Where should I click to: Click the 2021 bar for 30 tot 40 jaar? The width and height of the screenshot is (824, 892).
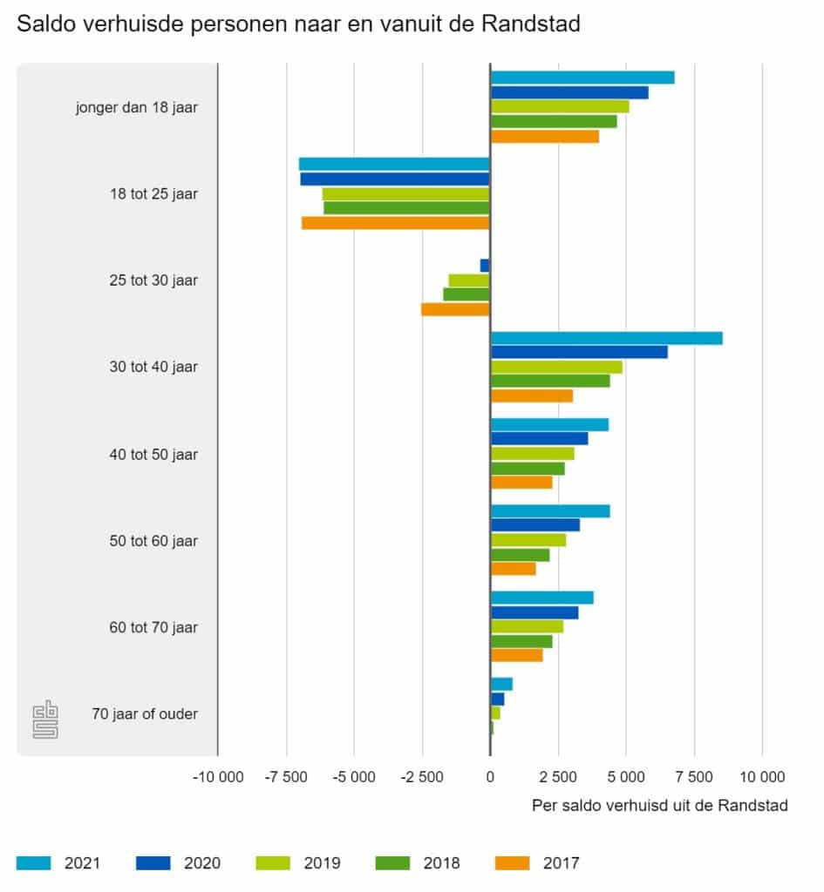coord(606,338)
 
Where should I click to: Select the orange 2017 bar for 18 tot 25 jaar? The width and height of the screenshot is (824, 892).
coord(396,223)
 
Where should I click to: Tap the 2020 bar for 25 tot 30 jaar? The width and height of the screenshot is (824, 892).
coord(485,266)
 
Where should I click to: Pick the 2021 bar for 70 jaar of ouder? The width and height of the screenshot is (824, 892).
coord(501,684)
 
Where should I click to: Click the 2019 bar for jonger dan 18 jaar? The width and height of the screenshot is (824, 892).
coord(560,106)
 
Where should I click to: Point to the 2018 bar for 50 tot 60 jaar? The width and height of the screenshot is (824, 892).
coord(520,555)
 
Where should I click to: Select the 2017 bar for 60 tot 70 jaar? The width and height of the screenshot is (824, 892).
coord(516,655)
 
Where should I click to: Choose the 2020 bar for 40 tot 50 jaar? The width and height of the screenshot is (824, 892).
coord(539,438)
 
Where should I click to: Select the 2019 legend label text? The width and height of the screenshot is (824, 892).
coord(322,863)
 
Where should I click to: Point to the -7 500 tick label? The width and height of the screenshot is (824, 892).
coord(285,776)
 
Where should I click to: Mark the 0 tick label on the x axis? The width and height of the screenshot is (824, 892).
coord(490,776)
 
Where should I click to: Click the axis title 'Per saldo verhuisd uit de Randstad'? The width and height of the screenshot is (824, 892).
coord(659,806)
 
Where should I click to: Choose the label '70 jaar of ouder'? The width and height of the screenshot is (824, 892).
coord(145,714)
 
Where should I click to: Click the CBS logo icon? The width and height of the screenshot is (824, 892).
coord(45,720)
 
